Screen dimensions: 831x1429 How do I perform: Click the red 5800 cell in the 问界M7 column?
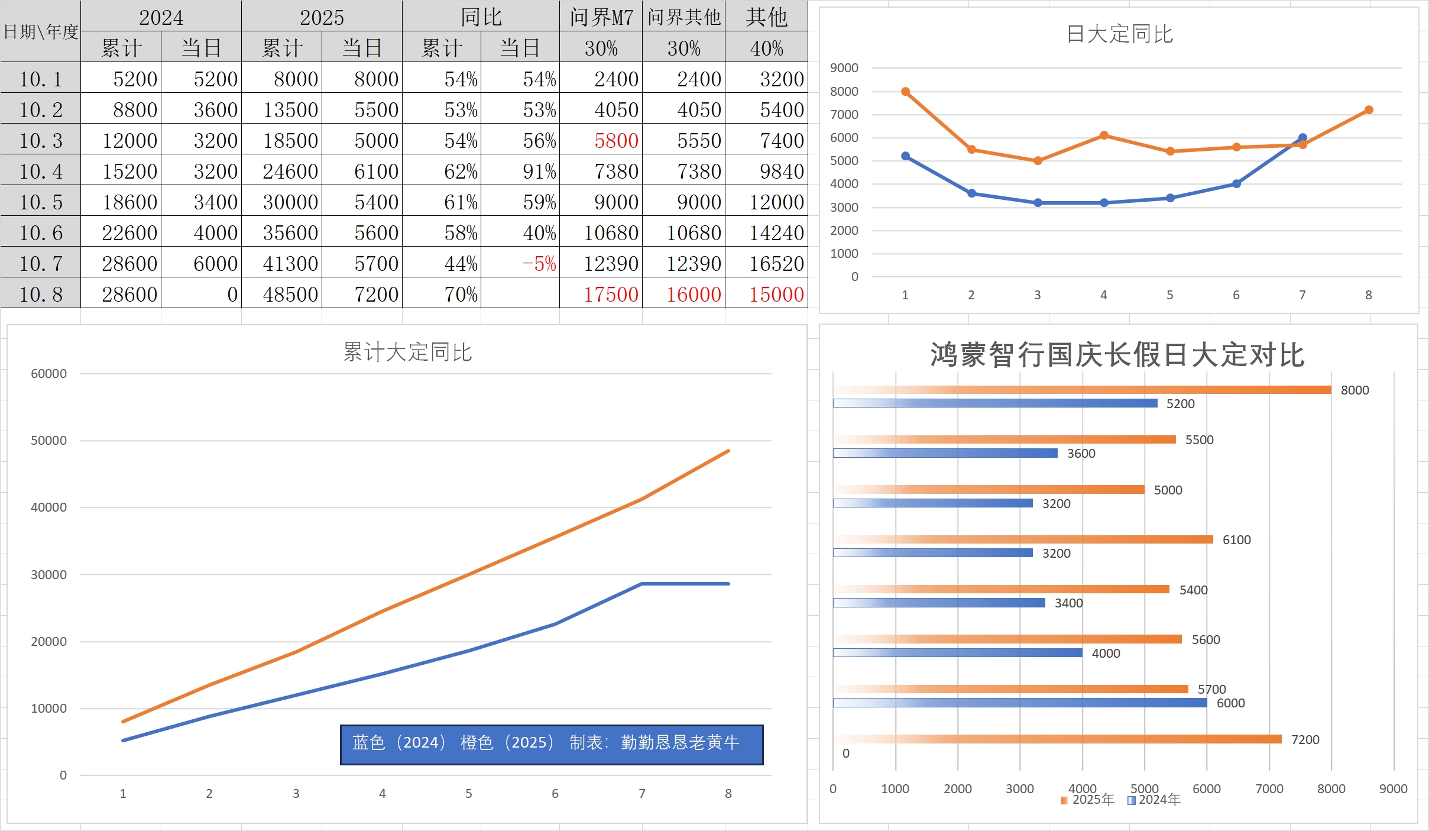(x=616, y=141)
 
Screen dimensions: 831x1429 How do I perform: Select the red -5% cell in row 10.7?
(x=539, y=264)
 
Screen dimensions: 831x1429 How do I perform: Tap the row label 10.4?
(x=41, y=172)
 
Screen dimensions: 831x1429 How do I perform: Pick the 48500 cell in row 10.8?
(x=290, y=295)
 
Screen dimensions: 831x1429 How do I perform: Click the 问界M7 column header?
(x=601, y=17)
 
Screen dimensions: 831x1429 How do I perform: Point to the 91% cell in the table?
(x=539, y=172)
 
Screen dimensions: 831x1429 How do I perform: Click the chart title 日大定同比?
(x=1119, y=34)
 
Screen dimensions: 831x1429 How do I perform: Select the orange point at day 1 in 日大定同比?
(x=905, y=92)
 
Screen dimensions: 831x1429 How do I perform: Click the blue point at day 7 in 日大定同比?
(x=1302, y=138)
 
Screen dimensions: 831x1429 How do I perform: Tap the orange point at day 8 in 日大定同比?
(x=1369, y=110)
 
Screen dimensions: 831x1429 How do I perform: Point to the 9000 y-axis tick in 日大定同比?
(x=844, y=68)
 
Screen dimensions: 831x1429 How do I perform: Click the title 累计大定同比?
(x=407, y=353)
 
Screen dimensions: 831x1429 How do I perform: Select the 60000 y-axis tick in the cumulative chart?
(x=48, y=374)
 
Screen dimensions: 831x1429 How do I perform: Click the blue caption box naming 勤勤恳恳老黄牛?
(x=551, y=744)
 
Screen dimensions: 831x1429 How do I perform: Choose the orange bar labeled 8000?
(x=1082, y=390)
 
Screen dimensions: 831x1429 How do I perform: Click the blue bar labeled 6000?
(x=1020, y=703)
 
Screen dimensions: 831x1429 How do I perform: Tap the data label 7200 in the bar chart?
(x=1305, y=740)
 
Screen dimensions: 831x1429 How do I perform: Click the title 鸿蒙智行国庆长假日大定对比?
(x=1117, y=355)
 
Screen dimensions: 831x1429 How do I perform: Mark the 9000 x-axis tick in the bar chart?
(x=1393, y=789)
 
